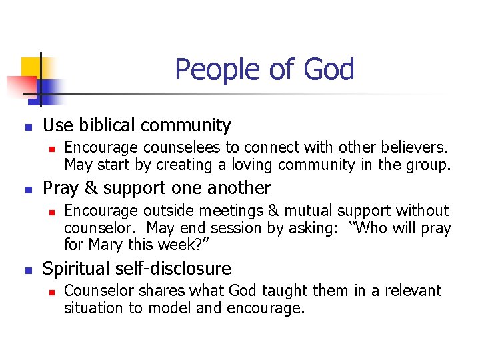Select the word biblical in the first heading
[113, 125]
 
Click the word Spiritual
[77, 269]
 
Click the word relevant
[412, 291]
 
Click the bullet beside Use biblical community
[27, 126]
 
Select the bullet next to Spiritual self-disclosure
[27, 270]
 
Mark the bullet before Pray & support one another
[27, 189]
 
